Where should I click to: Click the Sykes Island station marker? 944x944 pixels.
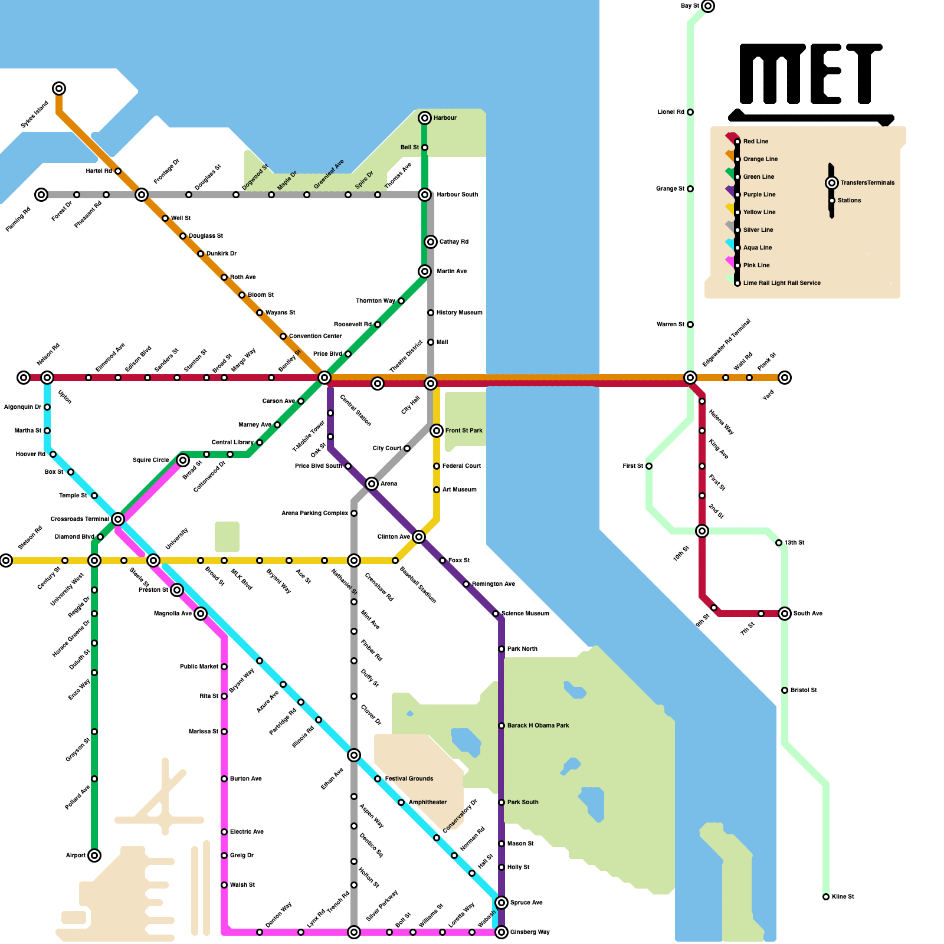tap(59, 88)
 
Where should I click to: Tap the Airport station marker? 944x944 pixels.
tap(94, 855)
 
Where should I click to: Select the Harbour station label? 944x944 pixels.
tap(445, 118)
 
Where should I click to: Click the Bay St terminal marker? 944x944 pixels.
tap(708, 6)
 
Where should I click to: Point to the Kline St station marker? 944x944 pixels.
tap(826, 897)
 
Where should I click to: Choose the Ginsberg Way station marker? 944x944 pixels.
tap(501, 932)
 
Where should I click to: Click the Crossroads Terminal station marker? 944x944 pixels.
tap(118, 519)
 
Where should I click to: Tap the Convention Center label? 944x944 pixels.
tap(315, 336)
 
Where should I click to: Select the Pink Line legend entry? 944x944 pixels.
tap(756, 265)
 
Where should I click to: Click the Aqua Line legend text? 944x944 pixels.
tap(758, 248)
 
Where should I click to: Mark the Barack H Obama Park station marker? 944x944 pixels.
tap(501, 726)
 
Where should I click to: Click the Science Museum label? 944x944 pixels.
tap(525, 614)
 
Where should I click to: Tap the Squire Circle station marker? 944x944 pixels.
tap(183, 460)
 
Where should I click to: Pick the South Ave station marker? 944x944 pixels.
tap(785, 614)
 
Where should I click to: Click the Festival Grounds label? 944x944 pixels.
tap(409, 779)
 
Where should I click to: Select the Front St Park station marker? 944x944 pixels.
tap(437, 431)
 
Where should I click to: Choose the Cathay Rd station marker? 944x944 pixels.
tap(431, 242)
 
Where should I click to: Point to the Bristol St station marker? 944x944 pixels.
tap(785, 690)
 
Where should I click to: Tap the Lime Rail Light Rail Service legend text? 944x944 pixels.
tap(782, 283)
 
